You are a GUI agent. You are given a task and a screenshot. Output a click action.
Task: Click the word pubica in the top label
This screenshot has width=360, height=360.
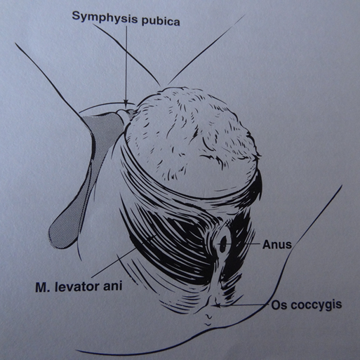click(x=161, y=22)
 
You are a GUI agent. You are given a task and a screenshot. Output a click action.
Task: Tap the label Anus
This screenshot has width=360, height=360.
click(x=277, y=245)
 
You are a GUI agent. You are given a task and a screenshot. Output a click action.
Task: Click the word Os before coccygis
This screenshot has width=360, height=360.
click(x=279, y=305)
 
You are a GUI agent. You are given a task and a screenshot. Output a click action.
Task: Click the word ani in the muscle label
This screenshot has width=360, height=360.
click(x=113, y=286)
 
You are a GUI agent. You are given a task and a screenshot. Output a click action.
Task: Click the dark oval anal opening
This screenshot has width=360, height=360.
click(x=223, y=244)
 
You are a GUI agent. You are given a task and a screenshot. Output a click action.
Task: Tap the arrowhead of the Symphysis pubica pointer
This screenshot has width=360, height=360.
click(x=126, y=104)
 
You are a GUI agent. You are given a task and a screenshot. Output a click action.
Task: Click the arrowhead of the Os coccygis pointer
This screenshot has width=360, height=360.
click(x=217, y=305)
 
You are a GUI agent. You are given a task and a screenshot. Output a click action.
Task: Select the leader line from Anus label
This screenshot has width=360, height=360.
click(x=245, y=244)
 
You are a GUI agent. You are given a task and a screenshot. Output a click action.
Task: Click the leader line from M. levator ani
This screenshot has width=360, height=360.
click(x=124, y=257)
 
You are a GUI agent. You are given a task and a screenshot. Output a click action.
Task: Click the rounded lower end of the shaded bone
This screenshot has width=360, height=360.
click(x=61, y=236)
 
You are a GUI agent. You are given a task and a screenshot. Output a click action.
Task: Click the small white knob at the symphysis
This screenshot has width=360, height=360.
click(x=123, y=114)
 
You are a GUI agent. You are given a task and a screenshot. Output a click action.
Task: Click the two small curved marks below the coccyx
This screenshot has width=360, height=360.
click(x=208, y=320)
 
